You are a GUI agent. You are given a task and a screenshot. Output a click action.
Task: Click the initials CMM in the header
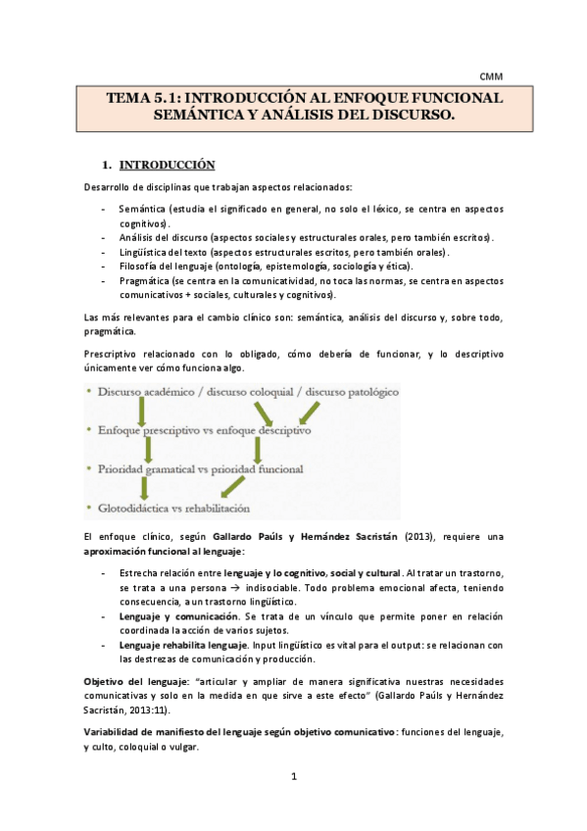[x=489, y=74]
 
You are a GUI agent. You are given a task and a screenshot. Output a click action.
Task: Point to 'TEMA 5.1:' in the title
[x=143, y=99]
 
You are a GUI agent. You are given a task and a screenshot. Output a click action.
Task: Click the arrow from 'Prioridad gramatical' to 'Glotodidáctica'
[x=144, y=488]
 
